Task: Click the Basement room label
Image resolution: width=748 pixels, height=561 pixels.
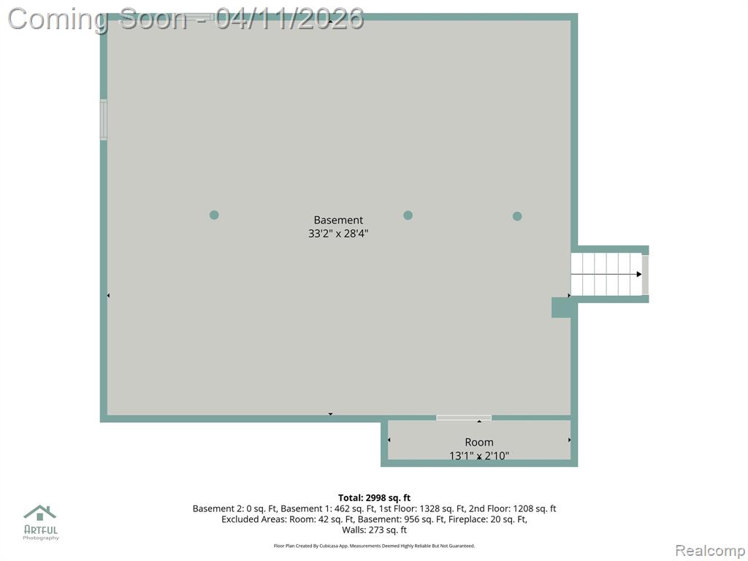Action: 338,220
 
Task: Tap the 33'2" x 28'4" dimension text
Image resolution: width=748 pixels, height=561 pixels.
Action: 338,234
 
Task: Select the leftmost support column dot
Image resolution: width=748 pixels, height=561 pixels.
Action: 214,215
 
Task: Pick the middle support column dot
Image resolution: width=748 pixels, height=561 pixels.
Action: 408,215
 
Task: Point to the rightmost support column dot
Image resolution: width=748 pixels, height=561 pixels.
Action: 517,216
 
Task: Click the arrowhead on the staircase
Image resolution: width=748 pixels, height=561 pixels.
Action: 639,275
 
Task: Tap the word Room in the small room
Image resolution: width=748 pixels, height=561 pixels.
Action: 479,442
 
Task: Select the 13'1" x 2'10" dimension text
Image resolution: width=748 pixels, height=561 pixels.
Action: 479,456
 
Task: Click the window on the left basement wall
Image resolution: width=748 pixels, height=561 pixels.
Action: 103,120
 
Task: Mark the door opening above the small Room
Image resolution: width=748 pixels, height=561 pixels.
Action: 464,418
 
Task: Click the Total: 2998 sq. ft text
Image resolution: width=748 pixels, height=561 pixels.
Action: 375,498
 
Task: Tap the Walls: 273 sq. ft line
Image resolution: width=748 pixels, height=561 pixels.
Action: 375,530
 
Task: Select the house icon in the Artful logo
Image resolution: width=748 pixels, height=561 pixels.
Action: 40,513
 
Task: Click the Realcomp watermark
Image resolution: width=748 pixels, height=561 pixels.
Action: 710,551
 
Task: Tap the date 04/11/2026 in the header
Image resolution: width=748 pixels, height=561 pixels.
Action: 289,19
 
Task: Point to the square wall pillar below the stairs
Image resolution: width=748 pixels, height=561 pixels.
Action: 562,308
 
